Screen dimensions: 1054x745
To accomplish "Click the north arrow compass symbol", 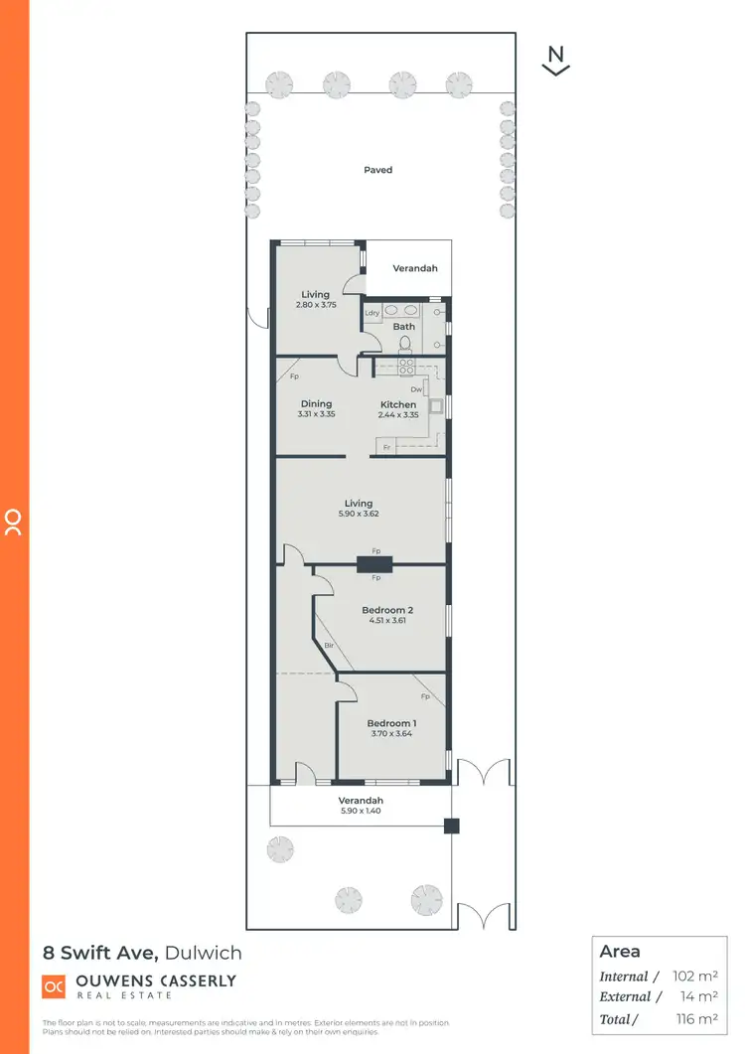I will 556,61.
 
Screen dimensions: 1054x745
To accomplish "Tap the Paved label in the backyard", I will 377,170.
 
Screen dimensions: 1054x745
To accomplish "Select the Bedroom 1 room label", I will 391,722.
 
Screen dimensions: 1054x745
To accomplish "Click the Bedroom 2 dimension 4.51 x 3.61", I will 387,620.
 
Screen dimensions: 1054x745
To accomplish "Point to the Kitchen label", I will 398,404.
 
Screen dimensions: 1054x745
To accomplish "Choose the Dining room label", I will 316,404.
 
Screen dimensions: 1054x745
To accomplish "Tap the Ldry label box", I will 372,313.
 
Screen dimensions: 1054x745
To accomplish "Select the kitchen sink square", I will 435,405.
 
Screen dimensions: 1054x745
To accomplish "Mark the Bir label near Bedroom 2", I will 329,646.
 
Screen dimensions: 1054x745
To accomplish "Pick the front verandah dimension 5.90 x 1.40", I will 360,811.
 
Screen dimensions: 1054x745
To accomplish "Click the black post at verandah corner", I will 452,825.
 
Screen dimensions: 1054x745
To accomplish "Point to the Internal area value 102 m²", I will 694,977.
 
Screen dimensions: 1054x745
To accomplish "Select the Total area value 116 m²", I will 694,1018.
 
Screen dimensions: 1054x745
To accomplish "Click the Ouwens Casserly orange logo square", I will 54,985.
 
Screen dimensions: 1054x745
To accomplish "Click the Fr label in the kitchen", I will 385,448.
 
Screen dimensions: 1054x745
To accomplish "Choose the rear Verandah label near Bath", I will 414,268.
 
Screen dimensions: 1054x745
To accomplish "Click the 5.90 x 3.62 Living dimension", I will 359,515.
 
